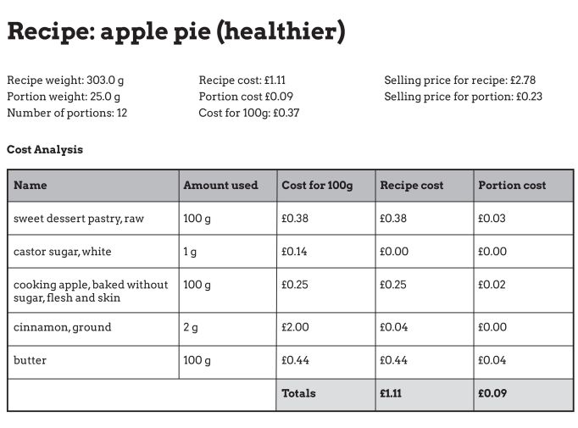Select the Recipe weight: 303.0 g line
(x=66, y=81)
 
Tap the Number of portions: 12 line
(x=67, y=113)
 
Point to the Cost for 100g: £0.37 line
(x=249, y=113)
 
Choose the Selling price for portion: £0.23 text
(x=463, y=97)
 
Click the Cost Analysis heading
(x=45, y=150)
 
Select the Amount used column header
(x=220, y=185)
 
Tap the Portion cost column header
(x=512, y=185)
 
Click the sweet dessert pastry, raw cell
(x=79, y=219)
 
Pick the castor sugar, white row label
(x=63, y=252)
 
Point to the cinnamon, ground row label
(x=63, y=327)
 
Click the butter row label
(x=31, y=360)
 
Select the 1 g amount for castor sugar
(x=190, y=252)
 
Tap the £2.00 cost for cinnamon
(x=295, y=327)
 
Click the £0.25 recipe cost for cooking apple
(x=393, y=285)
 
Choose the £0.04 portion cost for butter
(x=492, y=360)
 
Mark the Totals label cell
(x=298, y=393)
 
